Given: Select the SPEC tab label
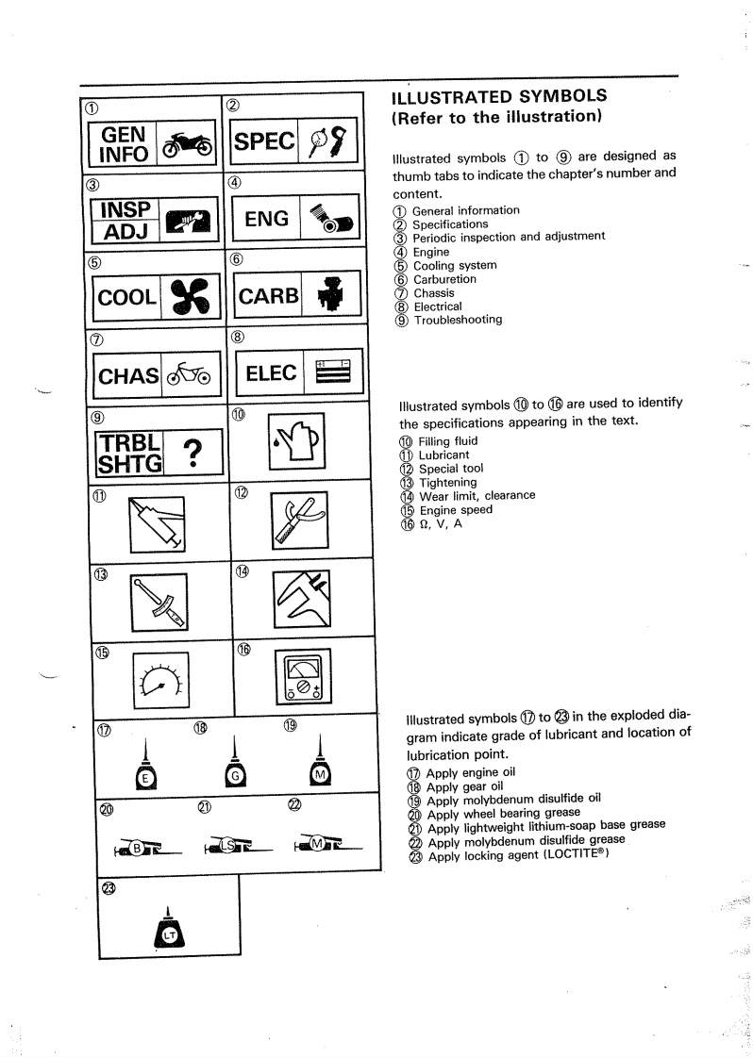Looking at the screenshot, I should (264, 141).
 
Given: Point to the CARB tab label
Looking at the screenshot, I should (268, 296).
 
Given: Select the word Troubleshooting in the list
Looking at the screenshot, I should (458, 320).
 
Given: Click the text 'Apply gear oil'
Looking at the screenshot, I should (465, 786).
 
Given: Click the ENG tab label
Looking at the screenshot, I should (266, 219).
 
